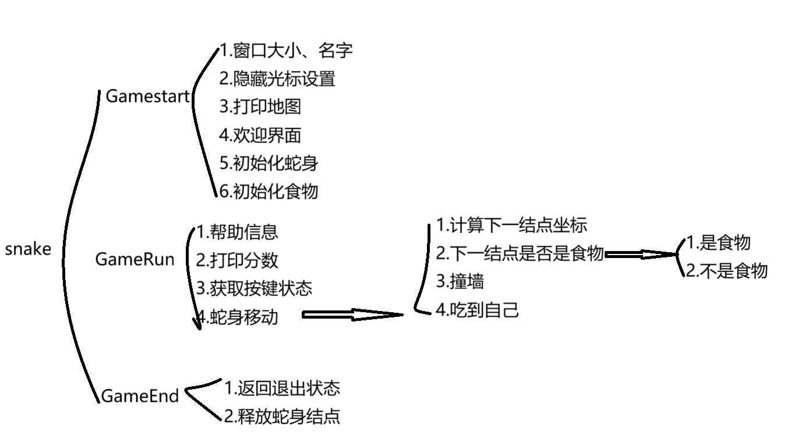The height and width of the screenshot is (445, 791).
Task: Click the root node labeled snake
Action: coord(28,250)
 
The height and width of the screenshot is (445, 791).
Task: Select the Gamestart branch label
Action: coord(148,97)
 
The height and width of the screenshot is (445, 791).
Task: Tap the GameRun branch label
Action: coord(135,260)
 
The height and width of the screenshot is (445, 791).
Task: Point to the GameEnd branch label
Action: coord(140,396)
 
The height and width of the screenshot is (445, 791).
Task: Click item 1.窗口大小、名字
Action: coord(286,51)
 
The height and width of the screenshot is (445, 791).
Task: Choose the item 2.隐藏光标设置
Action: coord(277,79)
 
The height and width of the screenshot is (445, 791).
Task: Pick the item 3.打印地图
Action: coord(260,107)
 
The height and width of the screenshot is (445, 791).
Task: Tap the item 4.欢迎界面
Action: coord(260,135)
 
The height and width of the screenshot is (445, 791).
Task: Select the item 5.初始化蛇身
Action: coord(269,163)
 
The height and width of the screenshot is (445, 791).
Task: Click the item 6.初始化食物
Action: coord(269,191)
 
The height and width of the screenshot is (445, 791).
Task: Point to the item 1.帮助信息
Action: coord(238,232)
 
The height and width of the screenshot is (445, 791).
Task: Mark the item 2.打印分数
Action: coord(238,260)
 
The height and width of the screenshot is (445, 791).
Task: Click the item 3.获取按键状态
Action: coord(254,288)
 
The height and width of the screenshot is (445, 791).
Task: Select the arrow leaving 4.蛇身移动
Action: coord(352,315)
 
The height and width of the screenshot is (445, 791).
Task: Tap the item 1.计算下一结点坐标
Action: coord(511,225)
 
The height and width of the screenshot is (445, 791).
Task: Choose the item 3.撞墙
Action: coord(460,282)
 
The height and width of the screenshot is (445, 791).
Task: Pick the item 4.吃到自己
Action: coord(477,310)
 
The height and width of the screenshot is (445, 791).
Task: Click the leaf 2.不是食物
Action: coord(726,271)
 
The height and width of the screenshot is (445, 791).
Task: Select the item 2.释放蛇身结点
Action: coord(282,416)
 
